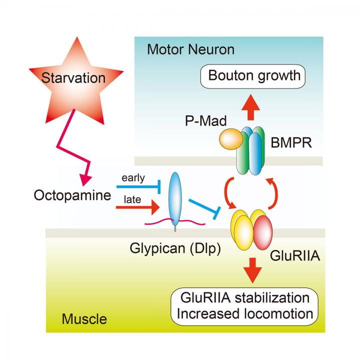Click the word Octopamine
click(x=72, y=194)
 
